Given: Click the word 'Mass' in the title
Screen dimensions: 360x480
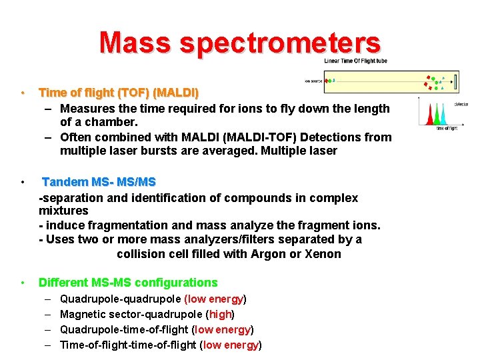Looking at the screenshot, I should pyautogui.click(x=135, y=42).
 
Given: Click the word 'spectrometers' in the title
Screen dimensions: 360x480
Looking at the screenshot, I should pyautogui.click(x=279, y=43).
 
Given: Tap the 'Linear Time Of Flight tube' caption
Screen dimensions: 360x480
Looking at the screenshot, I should pyautogui.click(x=355, y=61).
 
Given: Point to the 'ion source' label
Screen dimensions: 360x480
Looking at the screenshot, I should pyautogui.click(x=314, y=81).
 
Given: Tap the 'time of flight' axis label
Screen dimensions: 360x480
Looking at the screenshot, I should pyautogui.click(x=446, y=129).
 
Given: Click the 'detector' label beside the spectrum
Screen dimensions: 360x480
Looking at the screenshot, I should pyautogui.click(x=461, y=104).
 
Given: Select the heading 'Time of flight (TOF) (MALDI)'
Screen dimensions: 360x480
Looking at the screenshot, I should pyautogui.click(x=119, y=92).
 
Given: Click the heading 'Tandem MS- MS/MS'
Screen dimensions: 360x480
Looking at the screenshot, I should pyautogui.click(x=99, y=182).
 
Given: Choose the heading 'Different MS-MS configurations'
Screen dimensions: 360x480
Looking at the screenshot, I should pyautogui.click(x=128, y=283).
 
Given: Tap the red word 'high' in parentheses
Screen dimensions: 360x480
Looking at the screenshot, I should pyautogui.click(x=219, y=314).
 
